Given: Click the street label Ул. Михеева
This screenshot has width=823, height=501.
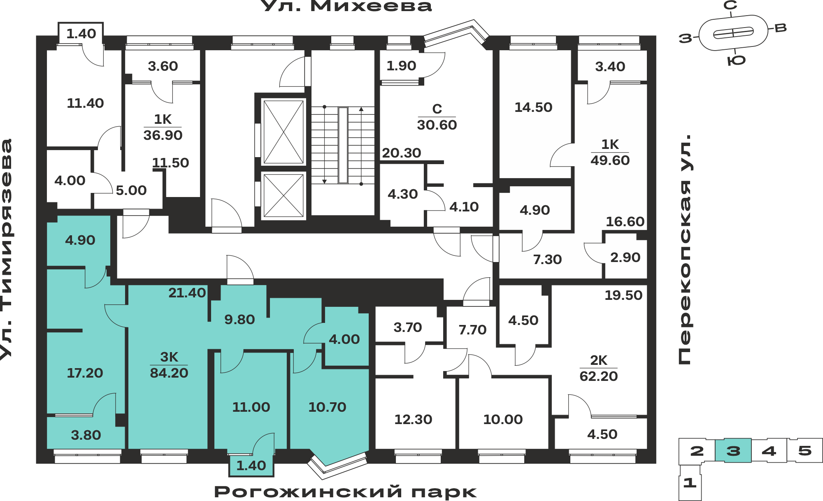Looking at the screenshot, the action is (347, 6).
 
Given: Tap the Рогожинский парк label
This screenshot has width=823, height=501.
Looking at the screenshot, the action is (346, 492).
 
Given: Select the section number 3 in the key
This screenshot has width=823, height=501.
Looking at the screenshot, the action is (733, 451).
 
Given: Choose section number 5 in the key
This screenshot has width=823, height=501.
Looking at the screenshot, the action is (805, 451).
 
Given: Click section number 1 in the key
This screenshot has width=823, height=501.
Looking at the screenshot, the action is (690, 482).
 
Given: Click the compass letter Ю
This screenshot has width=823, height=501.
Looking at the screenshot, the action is (737, 61).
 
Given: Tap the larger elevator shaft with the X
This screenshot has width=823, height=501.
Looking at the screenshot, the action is (284, 132).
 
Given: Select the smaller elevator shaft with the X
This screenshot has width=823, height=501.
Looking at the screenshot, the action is (284, 195).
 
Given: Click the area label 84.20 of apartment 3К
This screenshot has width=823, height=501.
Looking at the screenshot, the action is (169, 373).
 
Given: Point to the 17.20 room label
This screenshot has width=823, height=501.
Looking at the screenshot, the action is (85, 373).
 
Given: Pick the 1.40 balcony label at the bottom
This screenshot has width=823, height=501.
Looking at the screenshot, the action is (251, 466).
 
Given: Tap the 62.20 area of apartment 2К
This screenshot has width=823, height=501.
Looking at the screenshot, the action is (599, 376).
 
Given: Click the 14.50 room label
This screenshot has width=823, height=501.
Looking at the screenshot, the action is (533, 107).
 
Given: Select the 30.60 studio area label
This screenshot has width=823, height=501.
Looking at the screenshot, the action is (437, 125).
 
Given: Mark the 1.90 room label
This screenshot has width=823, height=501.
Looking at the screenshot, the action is (401, 66).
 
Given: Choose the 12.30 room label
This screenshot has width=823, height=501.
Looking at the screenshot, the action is (413, 420).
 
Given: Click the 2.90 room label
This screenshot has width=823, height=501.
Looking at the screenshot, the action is (625, 257).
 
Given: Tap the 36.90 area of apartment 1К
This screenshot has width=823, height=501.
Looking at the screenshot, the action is (163, 135).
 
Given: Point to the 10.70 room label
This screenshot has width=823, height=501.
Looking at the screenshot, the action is (327, 407).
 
